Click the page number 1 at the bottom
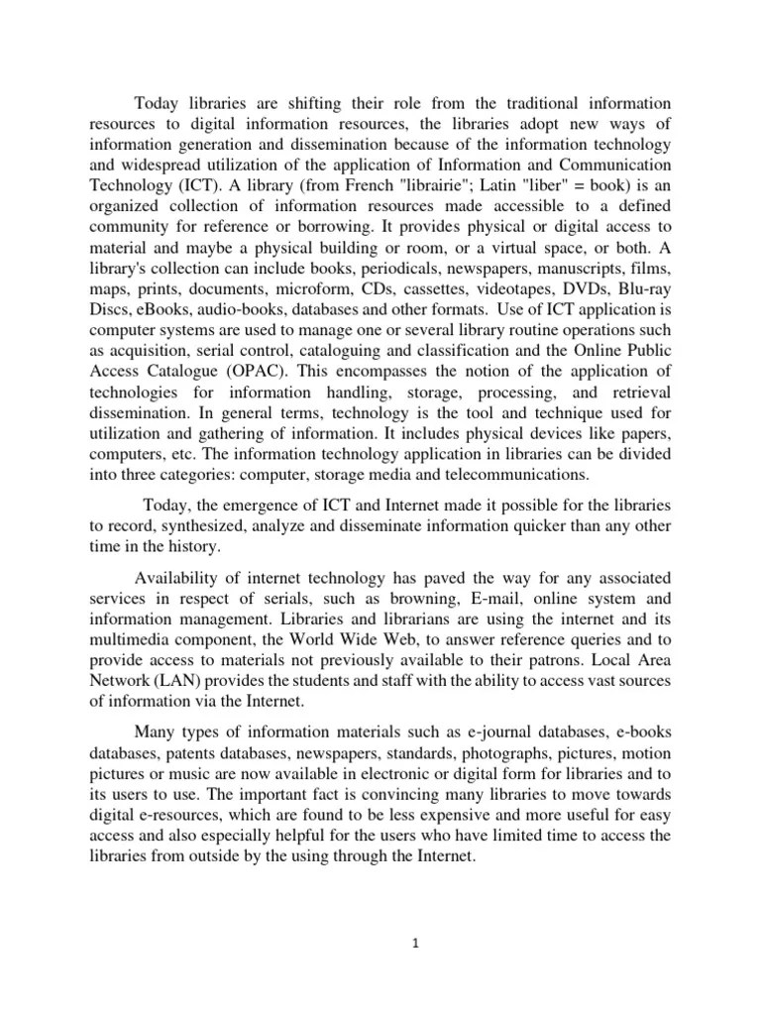418,945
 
